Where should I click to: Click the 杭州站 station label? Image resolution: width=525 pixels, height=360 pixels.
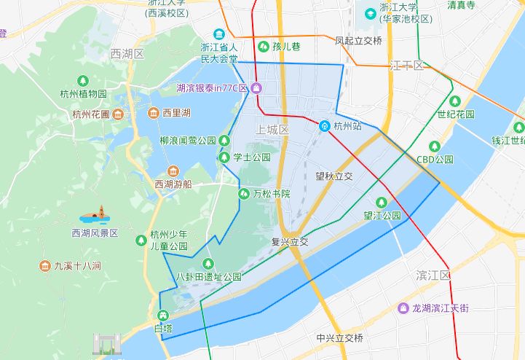tap(347, 125)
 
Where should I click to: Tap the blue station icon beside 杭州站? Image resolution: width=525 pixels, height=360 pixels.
tap(325, 125)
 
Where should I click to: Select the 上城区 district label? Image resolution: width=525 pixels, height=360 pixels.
tap(273, 129)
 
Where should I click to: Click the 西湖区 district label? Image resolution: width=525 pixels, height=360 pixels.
tap(127, 54)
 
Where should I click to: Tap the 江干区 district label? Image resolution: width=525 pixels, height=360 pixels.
tap(407, 65)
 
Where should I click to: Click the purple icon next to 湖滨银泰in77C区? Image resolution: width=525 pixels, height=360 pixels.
tap(256, 88)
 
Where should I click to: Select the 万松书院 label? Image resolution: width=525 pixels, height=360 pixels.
tap(271, 194)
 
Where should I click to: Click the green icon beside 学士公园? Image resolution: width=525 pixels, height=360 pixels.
tap(224, 157)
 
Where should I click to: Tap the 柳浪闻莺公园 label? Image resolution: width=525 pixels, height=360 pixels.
tap(188, 140)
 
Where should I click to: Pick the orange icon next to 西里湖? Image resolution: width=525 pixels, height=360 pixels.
tap(154, 113)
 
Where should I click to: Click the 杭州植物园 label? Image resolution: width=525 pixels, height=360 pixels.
tap(84, 94)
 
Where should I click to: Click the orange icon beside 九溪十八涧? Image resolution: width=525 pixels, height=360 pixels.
tap(44, 266)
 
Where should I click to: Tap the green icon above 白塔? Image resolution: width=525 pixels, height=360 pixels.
tap(162, 316)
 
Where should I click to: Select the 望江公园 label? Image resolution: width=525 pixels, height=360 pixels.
tap(382, 216)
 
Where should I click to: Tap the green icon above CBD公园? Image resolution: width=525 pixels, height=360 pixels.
tap(435, 146)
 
